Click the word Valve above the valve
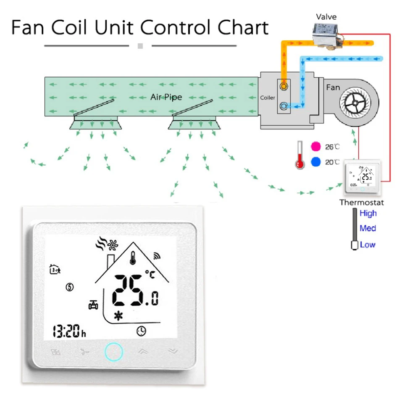pyautogui.click(x=326, y=17)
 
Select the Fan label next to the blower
pyautogui.click(x=333, y=87)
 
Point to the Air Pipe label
pyautogui.click(x=166, y=97)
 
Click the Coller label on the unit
pyautogui.click(x=268, y=98)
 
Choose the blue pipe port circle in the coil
pyautogui.click(x=284, y=106)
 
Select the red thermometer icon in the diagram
pyautogui.click(x=299, y=155)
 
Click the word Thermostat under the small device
pyautogui.click(x=362, y=202)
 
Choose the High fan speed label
pyautogui.click(x=368, y=213)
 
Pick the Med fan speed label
pyautogui.click(x=367, y=228)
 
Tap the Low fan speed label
pyautogui.click(x=367, y=244)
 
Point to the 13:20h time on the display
pyautogui.click(x=69, y=332)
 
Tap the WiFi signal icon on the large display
pyautogui.click(x=156, y=255)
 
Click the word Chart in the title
pyautogui.click(x=243, y=28)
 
